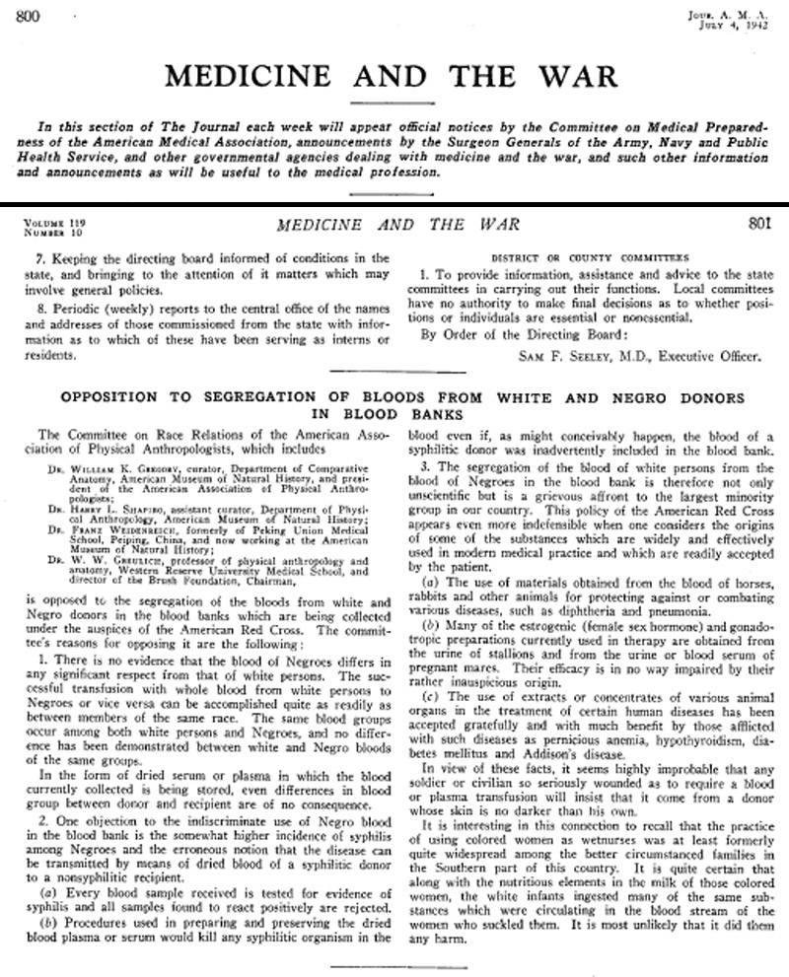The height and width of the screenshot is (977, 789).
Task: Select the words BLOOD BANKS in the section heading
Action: click(x=394, y=415)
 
